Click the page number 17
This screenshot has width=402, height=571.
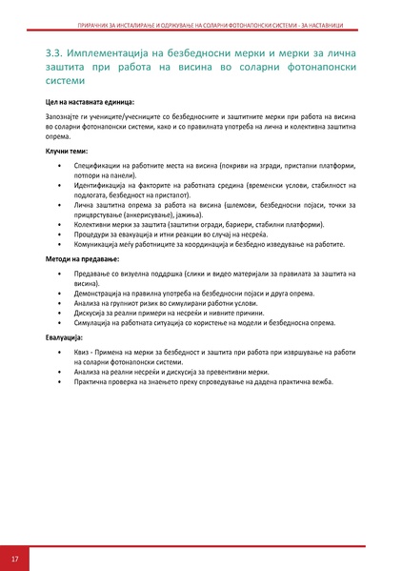[x=15, y=557]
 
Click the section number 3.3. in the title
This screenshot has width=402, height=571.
[x=55, y=53]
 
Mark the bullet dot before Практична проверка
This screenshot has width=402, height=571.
[x=60, y=382]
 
